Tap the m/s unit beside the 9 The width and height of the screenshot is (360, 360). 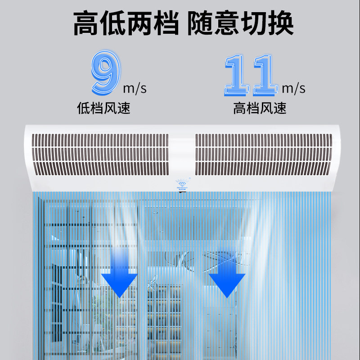click(x=135, y=88)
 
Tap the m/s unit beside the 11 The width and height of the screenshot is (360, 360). click(x=293, y=88)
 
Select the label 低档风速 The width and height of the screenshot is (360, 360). click(x=104, y=108)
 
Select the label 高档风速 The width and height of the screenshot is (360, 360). click(x=260, y=108)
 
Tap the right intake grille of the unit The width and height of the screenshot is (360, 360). click(x=263, y=154)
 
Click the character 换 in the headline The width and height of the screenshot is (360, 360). click(x=280, y=23)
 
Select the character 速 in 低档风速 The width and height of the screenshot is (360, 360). click(x=124, y=108)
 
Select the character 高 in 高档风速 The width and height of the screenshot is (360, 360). click(x=240, y=108)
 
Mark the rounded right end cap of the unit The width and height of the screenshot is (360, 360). click(x=340, y=155)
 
